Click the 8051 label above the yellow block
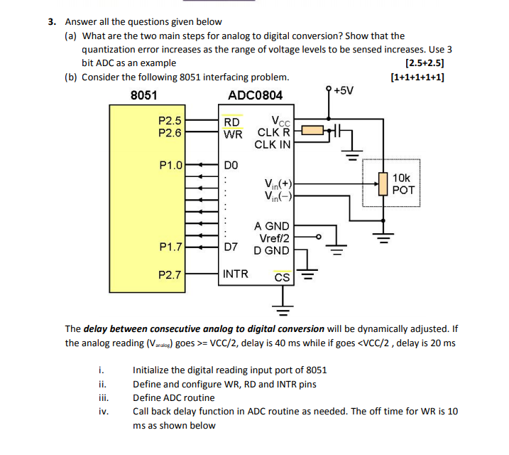coord(144,95)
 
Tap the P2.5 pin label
coord(170,121)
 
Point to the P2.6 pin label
coord(170,132)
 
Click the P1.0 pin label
coord(170,166)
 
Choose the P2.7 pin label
coord(170,274)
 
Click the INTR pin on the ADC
coord(236,274)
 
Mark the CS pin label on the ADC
coord(282,277)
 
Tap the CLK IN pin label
coord(273,144)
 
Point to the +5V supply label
coord(343,90)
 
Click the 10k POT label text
coord(401,185)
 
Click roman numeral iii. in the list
coord(103,398)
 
